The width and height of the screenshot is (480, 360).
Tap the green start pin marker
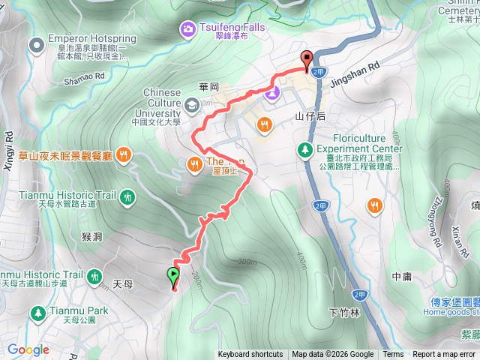tap(174, 275)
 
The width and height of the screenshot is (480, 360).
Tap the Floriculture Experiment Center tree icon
tap(305, 150)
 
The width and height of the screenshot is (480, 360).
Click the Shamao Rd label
tap(84, 76)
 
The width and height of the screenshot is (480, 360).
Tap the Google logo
tap(28, 349)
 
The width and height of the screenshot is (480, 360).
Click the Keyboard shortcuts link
tap(250, 355)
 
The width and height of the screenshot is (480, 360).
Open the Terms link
tap(393, 355)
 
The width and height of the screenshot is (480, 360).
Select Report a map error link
tap(444, 355)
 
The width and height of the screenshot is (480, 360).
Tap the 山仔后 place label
tap(310, 116)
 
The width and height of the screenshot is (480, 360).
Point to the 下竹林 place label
tap(344, 311)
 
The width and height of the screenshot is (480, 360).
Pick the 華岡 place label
tap(209, 86)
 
